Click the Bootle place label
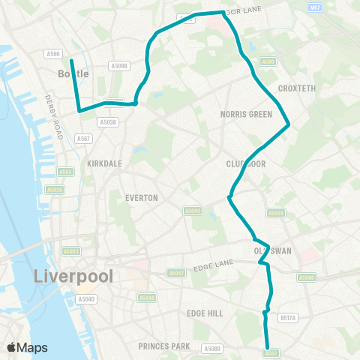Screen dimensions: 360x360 coord(73,73)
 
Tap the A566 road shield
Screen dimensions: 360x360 coord(52,53)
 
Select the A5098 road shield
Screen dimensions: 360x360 coord(118,66)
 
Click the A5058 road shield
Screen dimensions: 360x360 coord(276,214)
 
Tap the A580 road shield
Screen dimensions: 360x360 coord(268,61)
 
